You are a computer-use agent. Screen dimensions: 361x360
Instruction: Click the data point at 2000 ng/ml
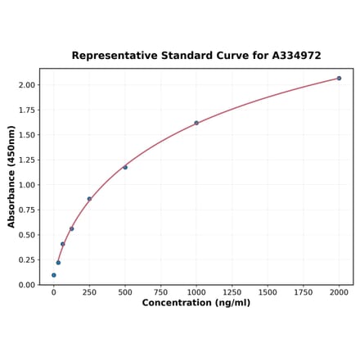pyautogui.click(x=339, y=79)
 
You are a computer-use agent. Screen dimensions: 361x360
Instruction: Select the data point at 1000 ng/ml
pyautogui.click(x=196, y=123)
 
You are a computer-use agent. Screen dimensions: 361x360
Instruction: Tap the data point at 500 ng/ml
pyautogui.click(x=125, y=167)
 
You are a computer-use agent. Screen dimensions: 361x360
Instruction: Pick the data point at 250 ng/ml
pyautogui.click(x=89, y=199)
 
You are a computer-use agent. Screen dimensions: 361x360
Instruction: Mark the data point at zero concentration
pyautogui.click(x=54, y=275)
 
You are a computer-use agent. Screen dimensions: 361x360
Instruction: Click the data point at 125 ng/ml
pyautogui.click(x=72, y=228)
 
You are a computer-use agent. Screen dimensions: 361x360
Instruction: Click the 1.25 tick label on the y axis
pyautogui.click(x=26, y=160)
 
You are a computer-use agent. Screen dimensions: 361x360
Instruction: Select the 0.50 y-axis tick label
pyautogui.click(x=26, y=235)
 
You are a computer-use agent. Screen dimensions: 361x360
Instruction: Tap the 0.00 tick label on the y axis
pyautogui.click(x=26, y=285)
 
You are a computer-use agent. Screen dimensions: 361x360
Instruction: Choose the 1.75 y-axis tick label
pyautogui.click(x=26, y=111)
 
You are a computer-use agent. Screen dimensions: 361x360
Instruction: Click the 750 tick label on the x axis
pyautogui.click(x=161, y=292)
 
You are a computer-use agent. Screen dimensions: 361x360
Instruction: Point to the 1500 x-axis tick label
pyautogui.click(x=268, y=292)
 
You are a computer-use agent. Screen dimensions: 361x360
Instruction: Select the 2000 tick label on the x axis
pyautogui.click(x=339, y=292)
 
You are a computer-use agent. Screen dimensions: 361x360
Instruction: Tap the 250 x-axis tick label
pyautogui.click(x=89, y=292)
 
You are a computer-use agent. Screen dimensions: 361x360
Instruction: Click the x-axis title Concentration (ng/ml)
pyautogui.click(x=196, y=303)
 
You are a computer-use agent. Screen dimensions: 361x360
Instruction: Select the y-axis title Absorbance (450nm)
pyautogui.click(x=11, y=176)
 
